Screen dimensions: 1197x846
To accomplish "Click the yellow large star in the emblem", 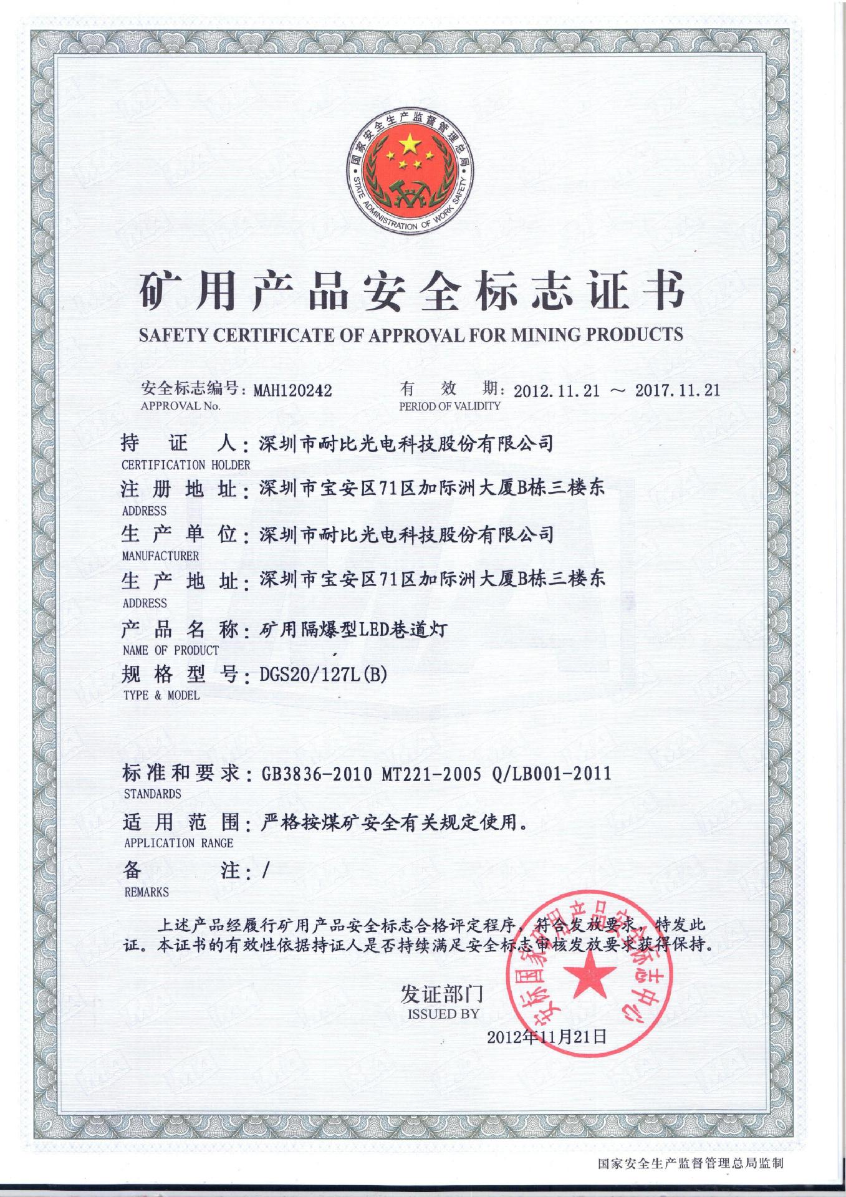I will point(410,145).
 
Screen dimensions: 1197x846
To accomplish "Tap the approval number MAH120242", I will point(292,391).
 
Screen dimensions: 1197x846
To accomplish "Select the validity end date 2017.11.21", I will point(678,391).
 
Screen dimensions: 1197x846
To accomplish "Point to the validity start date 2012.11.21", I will point(556,392).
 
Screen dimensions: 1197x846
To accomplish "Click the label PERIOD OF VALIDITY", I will point(449,406).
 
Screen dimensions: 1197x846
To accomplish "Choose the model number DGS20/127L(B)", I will point(323,675).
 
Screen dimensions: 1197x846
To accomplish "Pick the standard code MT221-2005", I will point(431,774).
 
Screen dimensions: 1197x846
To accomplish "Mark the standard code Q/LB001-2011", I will point(551,774).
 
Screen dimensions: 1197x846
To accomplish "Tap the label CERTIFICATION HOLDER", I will point(186,465).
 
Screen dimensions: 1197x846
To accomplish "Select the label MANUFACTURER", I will point(160,555).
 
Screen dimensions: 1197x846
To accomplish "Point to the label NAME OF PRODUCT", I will point(171,650).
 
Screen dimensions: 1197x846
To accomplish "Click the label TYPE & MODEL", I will point(161,695).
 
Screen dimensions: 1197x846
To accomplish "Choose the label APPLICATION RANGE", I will point(178,843).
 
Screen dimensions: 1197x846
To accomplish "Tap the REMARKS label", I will point(147,892).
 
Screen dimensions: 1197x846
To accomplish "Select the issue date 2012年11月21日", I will point(547,1037).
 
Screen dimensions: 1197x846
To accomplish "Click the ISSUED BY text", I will point(443,1014).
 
